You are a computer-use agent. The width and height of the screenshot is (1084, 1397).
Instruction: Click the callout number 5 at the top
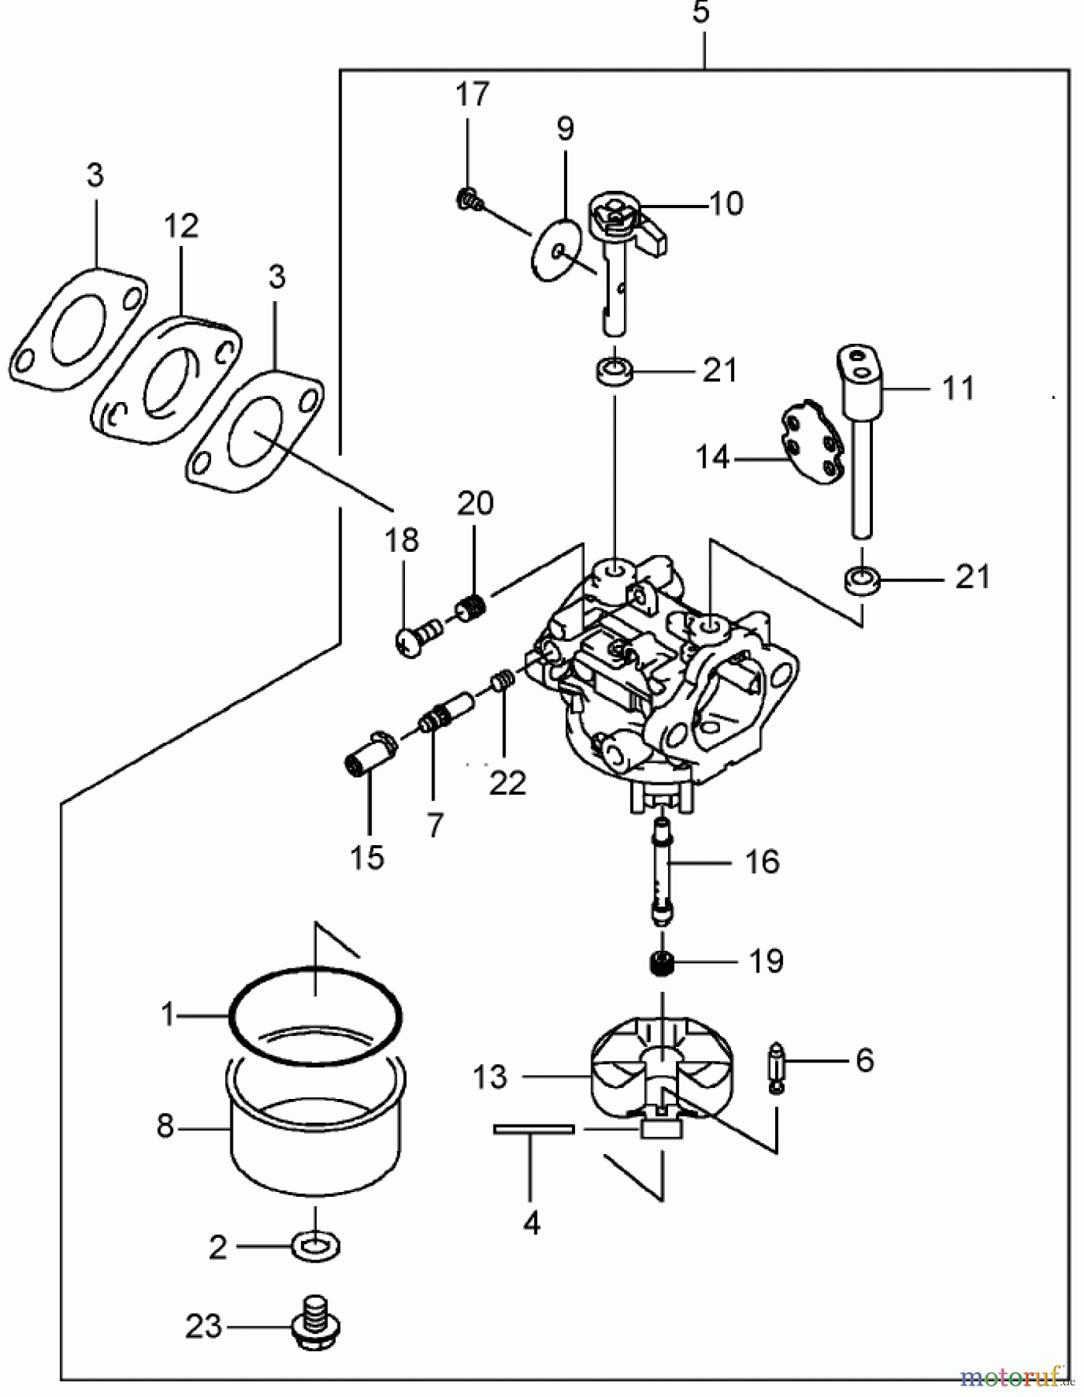[x=701, y=13]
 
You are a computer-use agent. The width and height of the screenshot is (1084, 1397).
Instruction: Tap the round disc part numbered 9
[x=557, y=248]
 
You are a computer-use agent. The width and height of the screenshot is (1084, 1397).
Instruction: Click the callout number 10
[x=726, y=203]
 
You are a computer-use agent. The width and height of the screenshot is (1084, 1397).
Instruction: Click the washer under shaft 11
[x=861, y=579]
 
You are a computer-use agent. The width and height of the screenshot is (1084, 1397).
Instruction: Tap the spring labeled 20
[x=471, y=607]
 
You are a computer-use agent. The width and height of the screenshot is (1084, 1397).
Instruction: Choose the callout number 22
[x=507, y=782]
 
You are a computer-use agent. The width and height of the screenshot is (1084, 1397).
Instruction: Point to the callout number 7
[x=435, y=825]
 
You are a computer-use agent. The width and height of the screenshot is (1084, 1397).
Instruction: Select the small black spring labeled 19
[x=661, y=964]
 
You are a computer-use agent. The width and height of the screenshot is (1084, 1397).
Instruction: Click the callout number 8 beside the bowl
[x=165, y=1125]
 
